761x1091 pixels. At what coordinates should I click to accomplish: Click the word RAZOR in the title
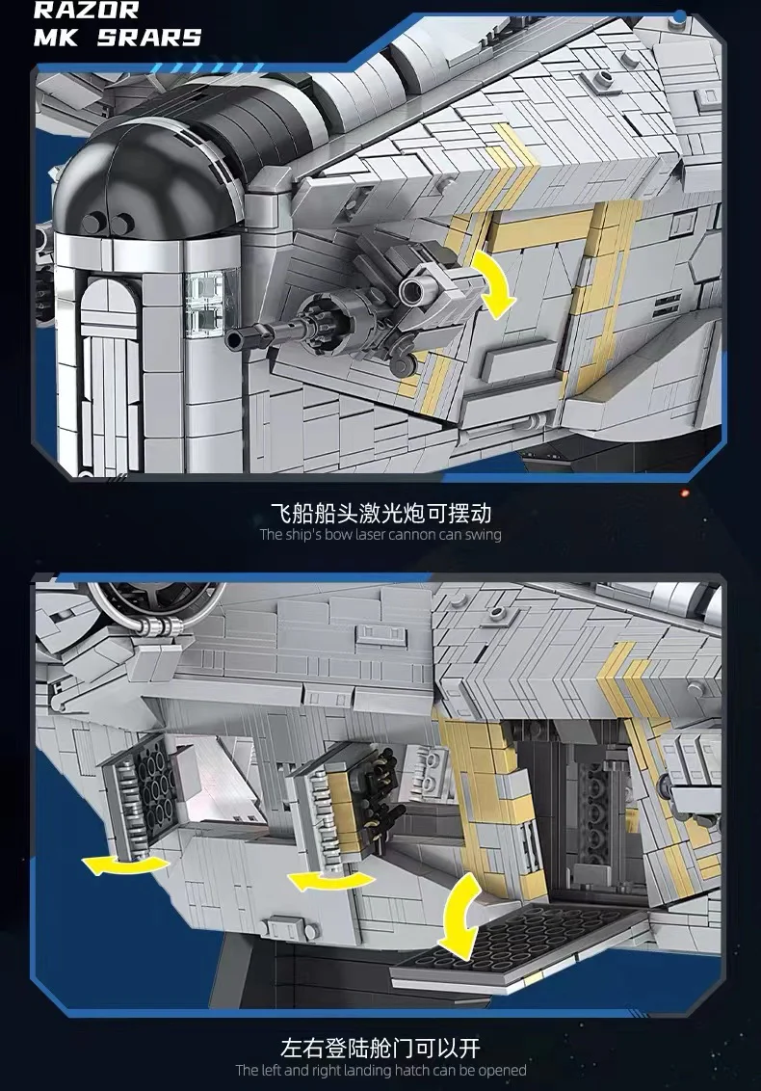[87, 10]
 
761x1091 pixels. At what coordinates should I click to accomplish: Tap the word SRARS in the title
[148, 38]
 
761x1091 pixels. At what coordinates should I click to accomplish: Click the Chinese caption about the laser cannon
[380, 514]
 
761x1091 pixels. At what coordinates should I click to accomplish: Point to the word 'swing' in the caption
[485, 535]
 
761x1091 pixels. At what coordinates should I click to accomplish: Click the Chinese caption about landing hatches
[380, 1049]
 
